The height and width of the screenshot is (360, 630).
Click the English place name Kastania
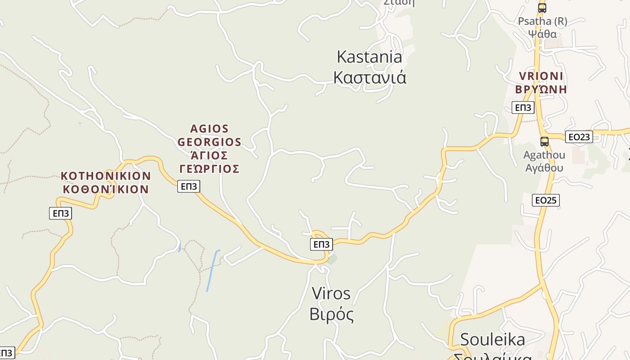click(x=369, y=57)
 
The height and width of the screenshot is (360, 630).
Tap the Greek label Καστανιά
click(x=369, y=77)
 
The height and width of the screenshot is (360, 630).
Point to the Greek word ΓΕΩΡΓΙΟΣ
click(x=209, y=169)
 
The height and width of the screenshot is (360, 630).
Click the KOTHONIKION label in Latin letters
click(x=106, y=175)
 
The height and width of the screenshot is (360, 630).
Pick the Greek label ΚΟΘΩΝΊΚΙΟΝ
click(x=106, y=189)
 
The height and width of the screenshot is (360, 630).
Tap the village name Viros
click(x=331, y=293)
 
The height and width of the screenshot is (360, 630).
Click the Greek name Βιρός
click(x=331, y=314)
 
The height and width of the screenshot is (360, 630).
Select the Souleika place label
click(x=492, y=339)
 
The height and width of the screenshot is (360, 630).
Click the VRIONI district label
click(x=541, y=76)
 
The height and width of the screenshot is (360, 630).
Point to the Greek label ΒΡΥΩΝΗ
click(x=541, y=89)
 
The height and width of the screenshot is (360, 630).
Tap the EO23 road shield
click(x=579, y=137)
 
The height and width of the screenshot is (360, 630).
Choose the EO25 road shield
click(x=546, y=200)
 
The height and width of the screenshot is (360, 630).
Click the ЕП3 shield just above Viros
click(x=321, y=244)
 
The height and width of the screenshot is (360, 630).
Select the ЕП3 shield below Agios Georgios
click(x=189, y=186)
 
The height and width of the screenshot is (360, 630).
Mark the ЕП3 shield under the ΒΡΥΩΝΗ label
click(x=523, y=108)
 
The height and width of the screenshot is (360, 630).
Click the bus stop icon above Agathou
click(x=544, y=142)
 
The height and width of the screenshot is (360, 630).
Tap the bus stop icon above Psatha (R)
click(x=542, y=8)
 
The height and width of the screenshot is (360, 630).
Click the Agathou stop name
click(x=544, y=155)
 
